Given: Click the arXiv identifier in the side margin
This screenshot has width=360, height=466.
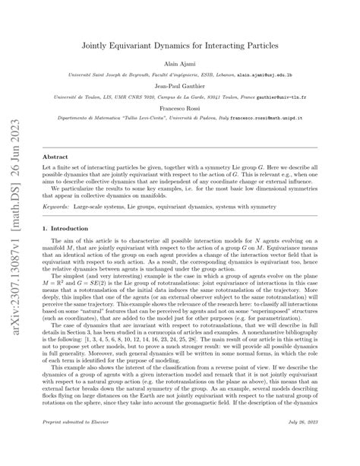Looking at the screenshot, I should [13, 232].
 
